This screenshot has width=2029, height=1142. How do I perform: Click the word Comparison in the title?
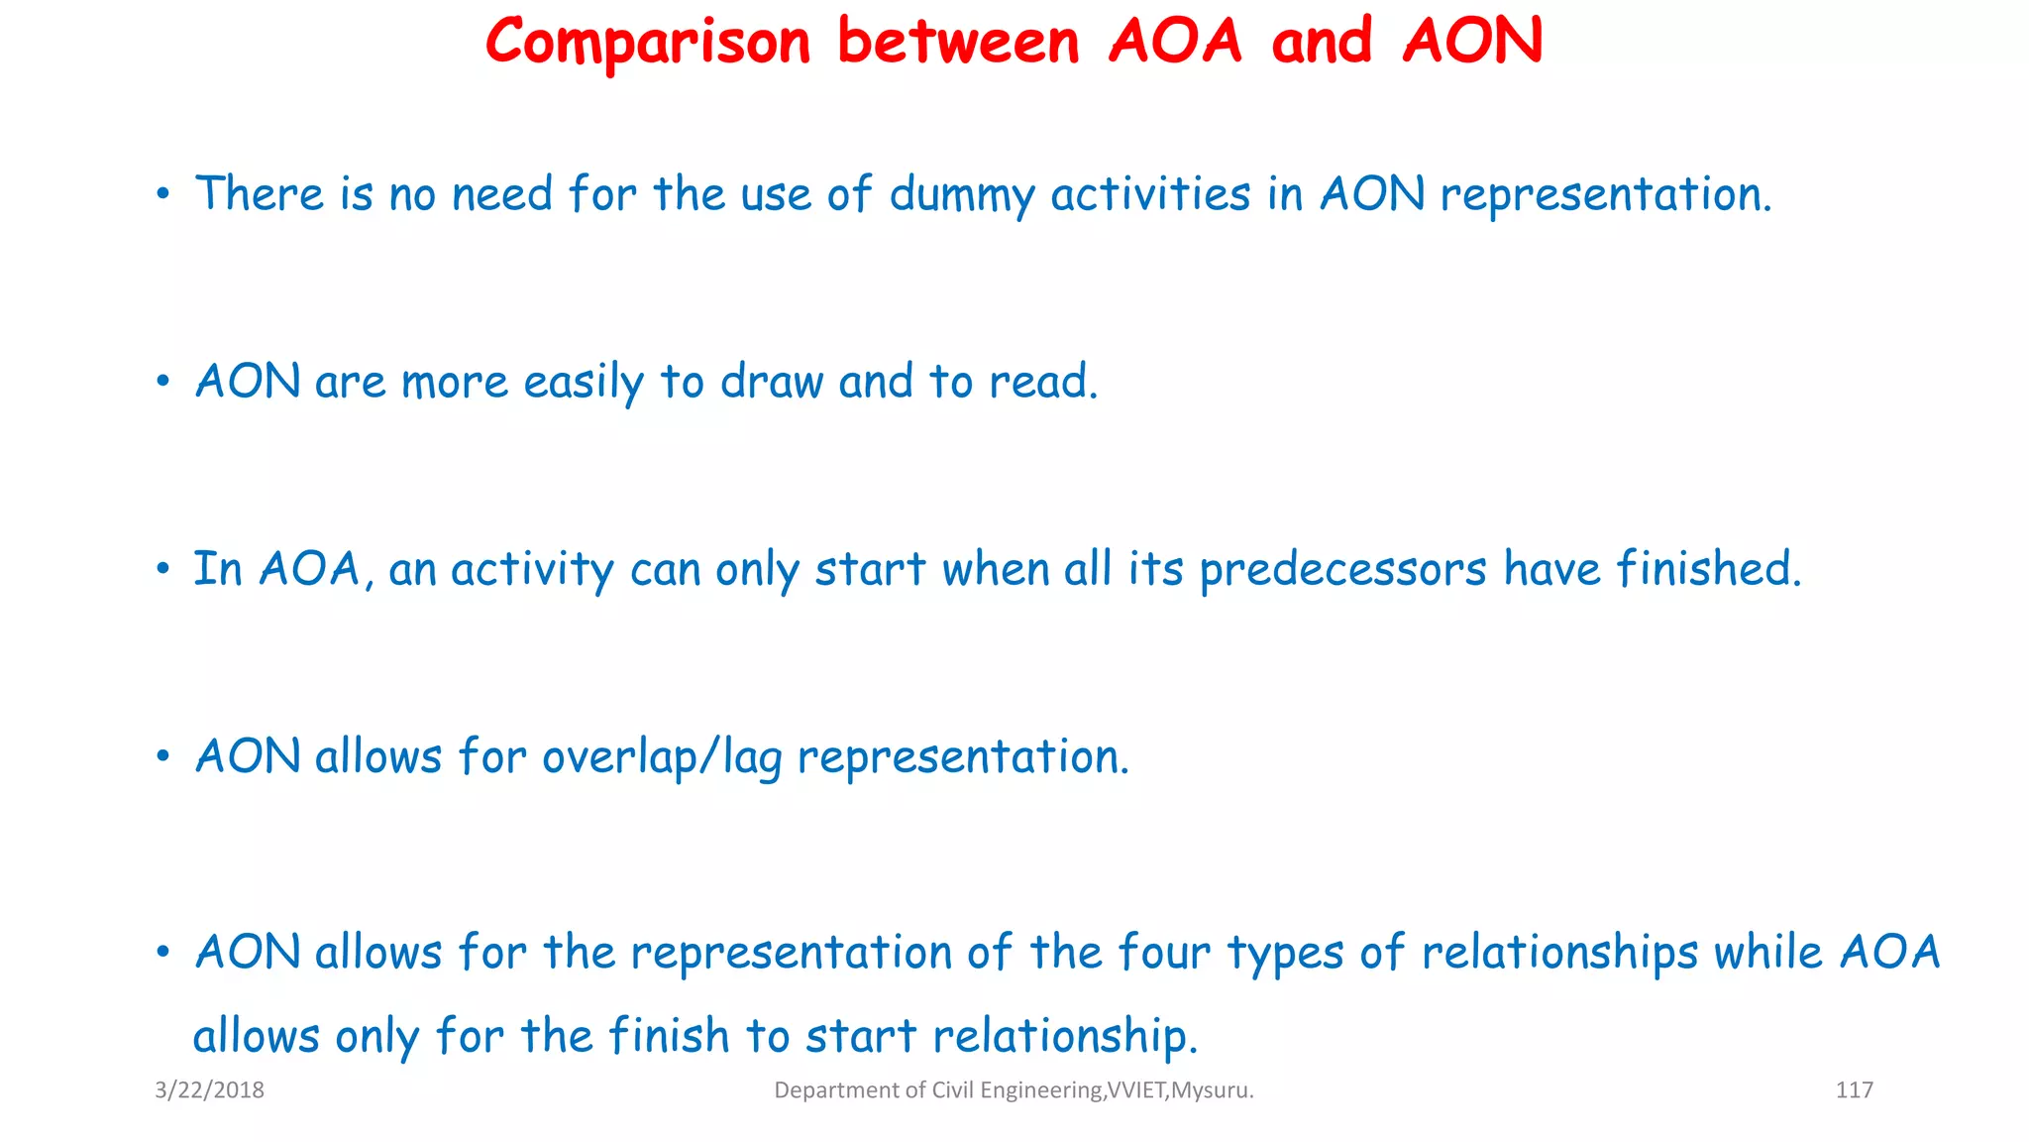pos(648,43)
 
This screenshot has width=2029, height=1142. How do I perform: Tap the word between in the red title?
pos(958,43)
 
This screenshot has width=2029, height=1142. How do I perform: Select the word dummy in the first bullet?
pos(961,194)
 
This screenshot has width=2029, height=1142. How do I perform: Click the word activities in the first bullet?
pos(1150,193)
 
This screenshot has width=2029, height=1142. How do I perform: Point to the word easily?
pos(584,383)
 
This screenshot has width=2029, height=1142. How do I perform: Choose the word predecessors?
pos(1342,570)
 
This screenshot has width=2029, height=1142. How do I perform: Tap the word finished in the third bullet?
pos(1708,569)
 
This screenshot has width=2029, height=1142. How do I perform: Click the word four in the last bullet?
pos(1164,953)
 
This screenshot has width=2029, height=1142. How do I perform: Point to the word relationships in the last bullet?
pos(1559,953)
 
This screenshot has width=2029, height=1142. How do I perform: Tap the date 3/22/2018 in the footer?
pos(209,1090)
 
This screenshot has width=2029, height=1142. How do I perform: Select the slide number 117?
pos(1854,1090)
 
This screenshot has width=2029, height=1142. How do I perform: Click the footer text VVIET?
pos(1136,1090)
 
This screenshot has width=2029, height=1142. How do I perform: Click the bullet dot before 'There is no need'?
pos(163,194)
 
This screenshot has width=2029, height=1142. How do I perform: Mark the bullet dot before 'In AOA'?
pos(163,570)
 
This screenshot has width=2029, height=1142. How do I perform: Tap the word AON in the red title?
pos(1472,43)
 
